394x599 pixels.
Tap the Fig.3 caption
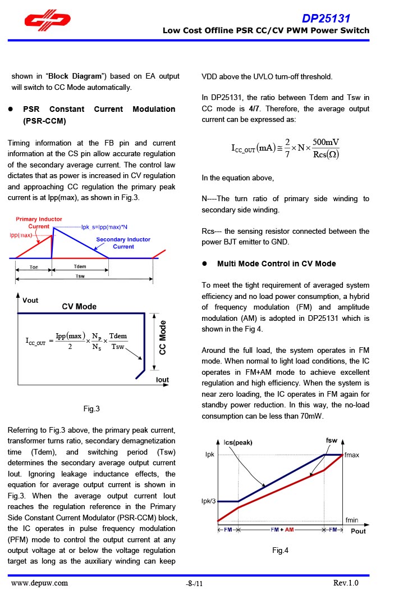[91, 409]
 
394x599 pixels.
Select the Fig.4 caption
[280, 550]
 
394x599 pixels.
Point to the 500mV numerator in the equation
[326, 142]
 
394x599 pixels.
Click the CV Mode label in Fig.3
[79, 306]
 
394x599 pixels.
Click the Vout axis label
[30, 300]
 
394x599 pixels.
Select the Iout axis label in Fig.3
[162, 380]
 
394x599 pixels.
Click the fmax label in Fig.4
[352, 455]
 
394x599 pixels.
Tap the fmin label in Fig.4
[352, 520]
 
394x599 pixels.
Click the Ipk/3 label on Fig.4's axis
[208, 501]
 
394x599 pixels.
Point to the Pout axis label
[358, 531]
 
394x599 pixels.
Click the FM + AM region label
[282, 530]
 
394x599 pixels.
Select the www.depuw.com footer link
[40, 583]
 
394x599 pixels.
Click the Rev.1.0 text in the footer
[345, 583]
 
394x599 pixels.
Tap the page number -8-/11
[194, 584]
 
